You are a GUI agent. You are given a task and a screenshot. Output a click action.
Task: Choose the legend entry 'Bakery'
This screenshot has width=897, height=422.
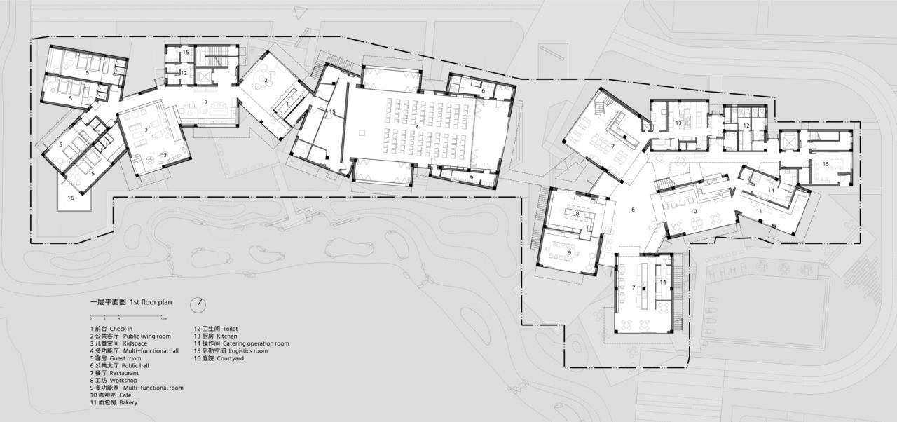(114, 403)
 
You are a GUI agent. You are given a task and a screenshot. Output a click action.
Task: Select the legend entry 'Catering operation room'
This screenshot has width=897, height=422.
(241, 343)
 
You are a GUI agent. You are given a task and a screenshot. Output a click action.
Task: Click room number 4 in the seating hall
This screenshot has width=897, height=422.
(417, 127)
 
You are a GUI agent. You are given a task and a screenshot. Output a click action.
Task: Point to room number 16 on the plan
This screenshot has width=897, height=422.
(71, 198)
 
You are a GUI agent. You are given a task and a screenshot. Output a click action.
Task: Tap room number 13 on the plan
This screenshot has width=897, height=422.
(678, 123)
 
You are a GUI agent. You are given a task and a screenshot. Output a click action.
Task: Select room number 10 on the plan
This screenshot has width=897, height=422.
(694, 210)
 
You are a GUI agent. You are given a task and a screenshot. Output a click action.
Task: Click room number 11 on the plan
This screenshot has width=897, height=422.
(759, 210)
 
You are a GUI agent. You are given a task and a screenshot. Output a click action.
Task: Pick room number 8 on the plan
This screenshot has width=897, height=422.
(577, 213)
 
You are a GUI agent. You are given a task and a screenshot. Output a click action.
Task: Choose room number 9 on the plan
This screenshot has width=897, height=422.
(569, 252)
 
